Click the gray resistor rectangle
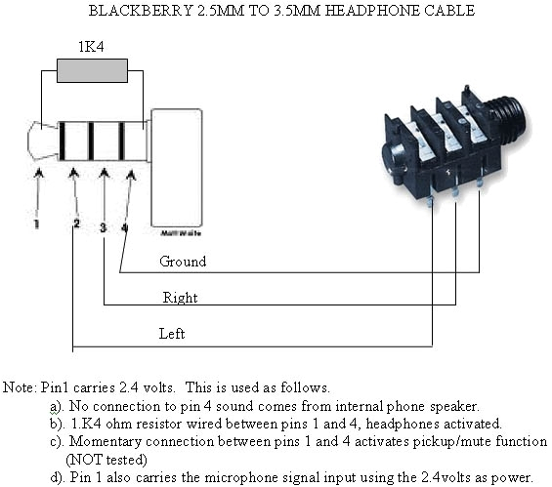click(93, 70)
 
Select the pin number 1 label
click(36, 224)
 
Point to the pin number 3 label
click(103, 226)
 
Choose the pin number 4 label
click(124, 226)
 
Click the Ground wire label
click(183, 262)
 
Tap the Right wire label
click(179, 297)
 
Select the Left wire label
click(172, 333)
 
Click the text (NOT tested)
click(108, 458)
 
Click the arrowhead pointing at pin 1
click(38, 175)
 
